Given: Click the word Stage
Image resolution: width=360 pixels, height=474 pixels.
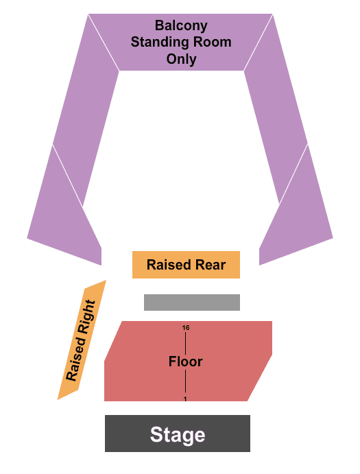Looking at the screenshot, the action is [178, 435].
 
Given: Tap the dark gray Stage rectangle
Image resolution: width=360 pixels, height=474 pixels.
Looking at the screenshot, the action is [178, 434].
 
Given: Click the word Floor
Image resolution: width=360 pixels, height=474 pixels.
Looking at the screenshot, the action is [185, 362].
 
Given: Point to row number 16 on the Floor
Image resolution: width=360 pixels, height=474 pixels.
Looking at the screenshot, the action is [186, 327].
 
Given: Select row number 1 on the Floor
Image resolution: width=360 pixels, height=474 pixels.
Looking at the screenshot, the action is [185, 399].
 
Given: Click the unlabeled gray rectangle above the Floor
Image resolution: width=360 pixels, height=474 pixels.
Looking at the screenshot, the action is [192, 303].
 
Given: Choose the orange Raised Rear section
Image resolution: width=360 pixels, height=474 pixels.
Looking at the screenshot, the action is [187, 265].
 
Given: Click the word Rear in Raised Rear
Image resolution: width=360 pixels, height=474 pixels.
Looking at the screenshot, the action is [211, 265].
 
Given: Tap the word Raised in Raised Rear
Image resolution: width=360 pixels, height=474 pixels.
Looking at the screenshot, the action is [169, 265].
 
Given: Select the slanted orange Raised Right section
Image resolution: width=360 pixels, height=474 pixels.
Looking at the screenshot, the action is [82, 340].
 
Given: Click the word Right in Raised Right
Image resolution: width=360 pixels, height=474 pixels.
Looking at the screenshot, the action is [87, 317].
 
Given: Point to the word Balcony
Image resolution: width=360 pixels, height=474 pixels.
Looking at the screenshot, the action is [181, 26].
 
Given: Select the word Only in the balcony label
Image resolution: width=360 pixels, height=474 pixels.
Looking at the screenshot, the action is [181, 59].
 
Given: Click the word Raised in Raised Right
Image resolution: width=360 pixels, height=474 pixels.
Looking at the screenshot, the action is [75, 359].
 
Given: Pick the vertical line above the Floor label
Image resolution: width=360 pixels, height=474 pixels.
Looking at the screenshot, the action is [186, 343].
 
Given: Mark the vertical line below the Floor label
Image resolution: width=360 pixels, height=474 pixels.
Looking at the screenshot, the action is [185, 381].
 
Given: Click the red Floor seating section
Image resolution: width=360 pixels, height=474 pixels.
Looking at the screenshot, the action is [188, 361].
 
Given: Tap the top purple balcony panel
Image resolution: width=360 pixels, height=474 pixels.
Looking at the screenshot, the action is [181, 42].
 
